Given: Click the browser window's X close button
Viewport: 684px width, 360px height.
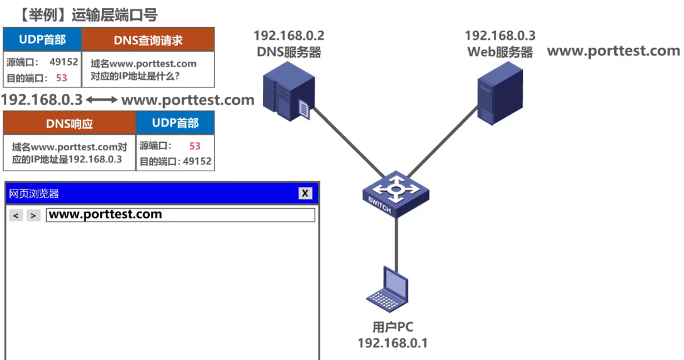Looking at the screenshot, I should coord(305,193).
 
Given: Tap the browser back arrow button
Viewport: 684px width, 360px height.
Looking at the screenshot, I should coord(16,215).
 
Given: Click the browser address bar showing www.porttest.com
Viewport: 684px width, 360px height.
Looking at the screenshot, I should coord(180,215).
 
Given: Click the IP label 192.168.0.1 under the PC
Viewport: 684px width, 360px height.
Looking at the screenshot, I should coord(393,343).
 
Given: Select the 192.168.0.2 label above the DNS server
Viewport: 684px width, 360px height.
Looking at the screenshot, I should coord(289,36).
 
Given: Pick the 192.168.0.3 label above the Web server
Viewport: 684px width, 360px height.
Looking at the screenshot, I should coord(500,36).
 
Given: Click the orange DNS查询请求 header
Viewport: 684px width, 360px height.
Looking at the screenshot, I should coord(149,40).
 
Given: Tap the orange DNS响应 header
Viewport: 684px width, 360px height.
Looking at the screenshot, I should coord(69,123).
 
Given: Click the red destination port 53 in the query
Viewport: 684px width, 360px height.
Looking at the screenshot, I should coord(61,79).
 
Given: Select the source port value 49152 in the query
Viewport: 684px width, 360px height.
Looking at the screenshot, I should coord(64,62).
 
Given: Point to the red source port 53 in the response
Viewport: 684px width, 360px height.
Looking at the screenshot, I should coord(194,146).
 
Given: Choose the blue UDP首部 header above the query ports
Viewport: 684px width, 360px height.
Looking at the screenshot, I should coord(42,40).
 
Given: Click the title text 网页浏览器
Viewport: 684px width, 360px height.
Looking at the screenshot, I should coord(34,194).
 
